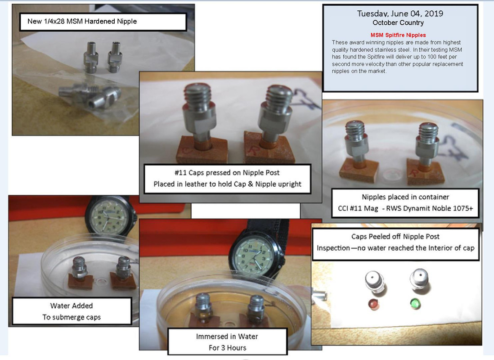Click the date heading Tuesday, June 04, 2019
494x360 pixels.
(400, 13)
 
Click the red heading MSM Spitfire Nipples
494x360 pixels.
(398, 35)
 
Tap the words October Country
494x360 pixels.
(398, 22)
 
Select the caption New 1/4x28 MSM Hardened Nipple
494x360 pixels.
(82, 22)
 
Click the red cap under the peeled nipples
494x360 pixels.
(373, 304)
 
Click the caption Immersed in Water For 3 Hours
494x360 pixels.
(227, 342)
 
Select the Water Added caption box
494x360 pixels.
(72, 311)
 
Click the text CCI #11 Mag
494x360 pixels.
(358, 208)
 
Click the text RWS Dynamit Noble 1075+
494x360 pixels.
(430, 208)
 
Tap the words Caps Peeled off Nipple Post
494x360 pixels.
(395, 236)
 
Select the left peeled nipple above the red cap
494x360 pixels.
(374, 283)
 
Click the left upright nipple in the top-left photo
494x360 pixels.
(91, 57)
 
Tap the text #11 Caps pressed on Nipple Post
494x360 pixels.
(227, 173)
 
